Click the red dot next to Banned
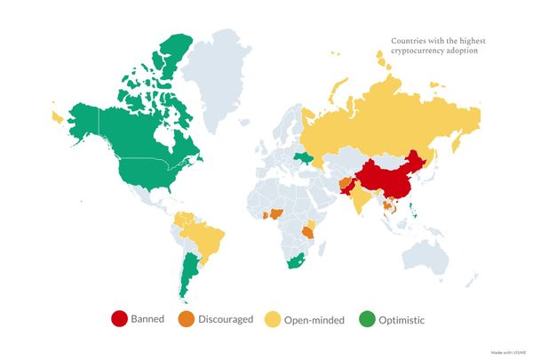[118, 318]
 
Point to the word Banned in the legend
[148, 318]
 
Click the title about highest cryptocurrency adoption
[434, 45]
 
